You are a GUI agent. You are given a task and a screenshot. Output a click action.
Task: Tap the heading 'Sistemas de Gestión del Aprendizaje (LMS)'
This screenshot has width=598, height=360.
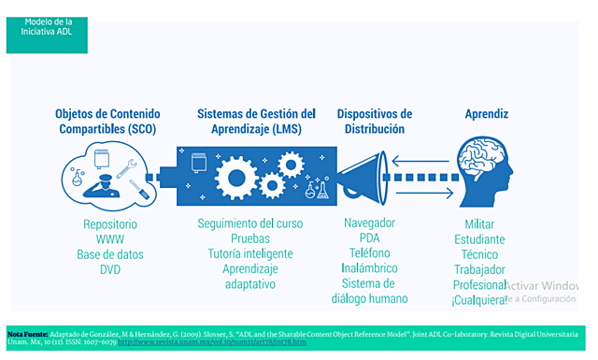click(x=256, y=121)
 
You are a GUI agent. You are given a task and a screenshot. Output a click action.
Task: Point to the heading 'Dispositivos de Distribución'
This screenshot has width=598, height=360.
click(x=375, y=121)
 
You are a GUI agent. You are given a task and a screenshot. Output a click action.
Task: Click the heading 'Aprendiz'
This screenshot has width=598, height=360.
click(x=487, y=114)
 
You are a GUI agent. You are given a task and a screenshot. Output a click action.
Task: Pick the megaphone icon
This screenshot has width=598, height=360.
click(x=361, y=174)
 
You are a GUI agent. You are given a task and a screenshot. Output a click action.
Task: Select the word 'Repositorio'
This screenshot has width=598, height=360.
click(x=110, y=224)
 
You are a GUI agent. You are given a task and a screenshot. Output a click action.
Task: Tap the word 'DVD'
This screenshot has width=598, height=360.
click(x=110, y=270)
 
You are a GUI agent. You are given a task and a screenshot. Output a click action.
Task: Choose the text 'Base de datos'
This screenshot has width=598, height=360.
click(x=110, y=255)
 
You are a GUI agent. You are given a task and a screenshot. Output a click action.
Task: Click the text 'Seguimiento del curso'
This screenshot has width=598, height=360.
click(x=250, y=223)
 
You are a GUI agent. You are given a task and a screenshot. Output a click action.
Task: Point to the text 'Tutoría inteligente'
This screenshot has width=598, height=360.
click(x=250, y=253)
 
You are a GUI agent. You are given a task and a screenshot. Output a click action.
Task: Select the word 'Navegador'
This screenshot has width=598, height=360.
click(x=369, y=223)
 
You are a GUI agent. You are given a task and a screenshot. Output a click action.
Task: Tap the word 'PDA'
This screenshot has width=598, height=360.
click(x=369, y=238)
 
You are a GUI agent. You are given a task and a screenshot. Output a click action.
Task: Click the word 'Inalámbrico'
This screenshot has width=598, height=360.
click(x=369, y=268)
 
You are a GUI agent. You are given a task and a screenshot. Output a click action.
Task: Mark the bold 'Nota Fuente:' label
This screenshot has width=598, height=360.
click(x=27, y=333)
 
